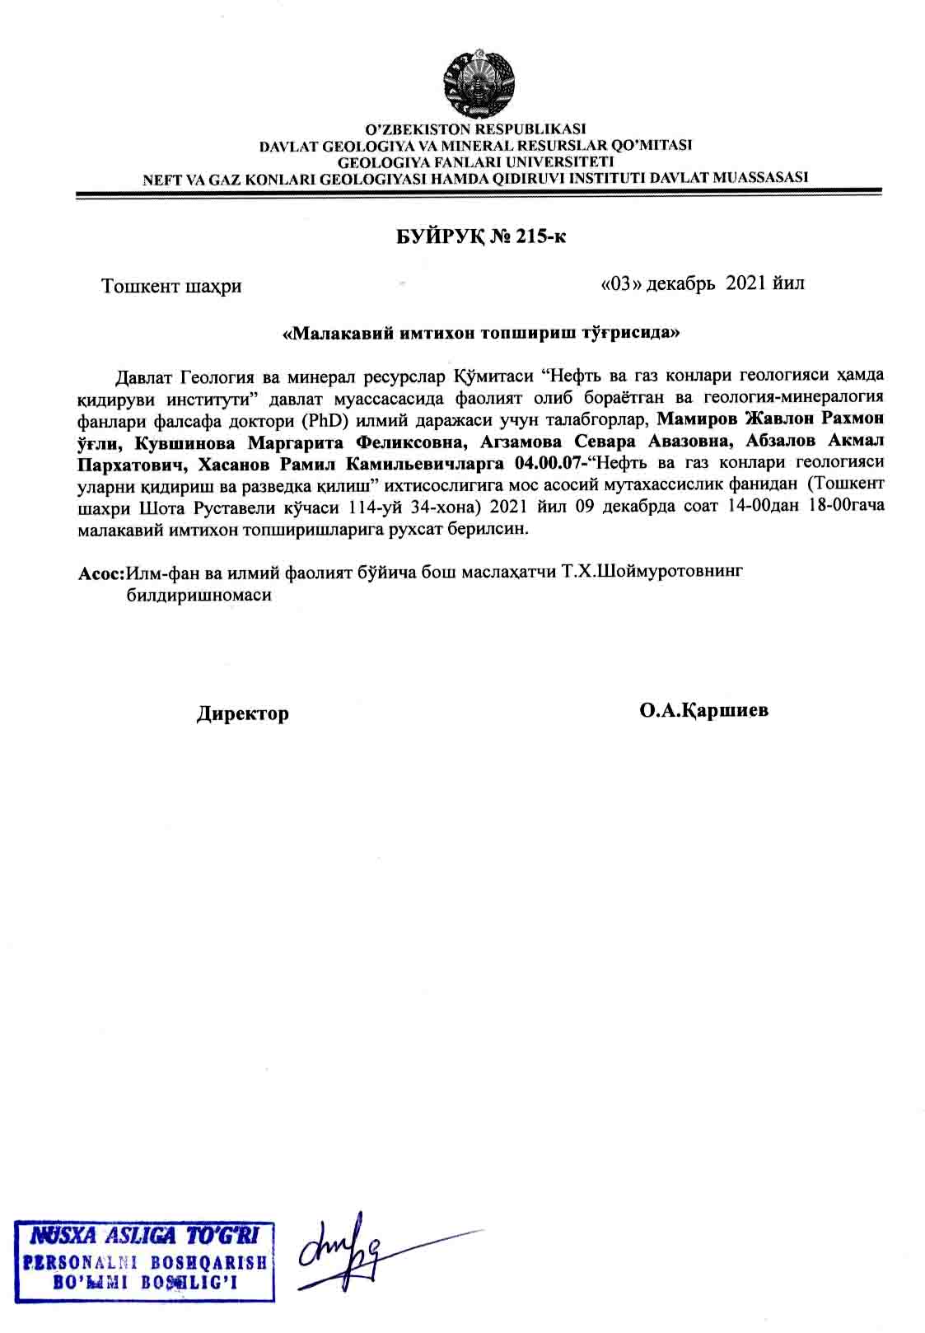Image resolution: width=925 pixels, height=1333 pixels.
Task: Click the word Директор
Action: pyautogui.click(x=242, y=713)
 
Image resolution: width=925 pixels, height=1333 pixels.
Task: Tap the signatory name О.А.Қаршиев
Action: pyautogui.click(x=703, y=710)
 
